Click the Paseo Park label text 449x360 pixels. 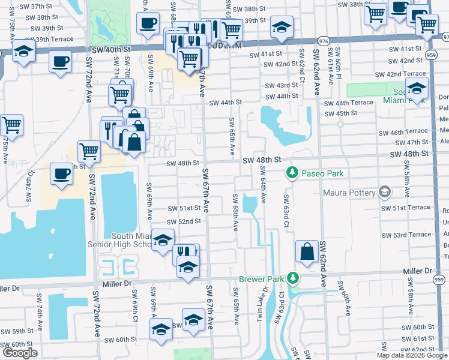[x=323, y=173]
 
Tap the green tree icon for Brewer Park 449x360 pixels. [x=292, y=278]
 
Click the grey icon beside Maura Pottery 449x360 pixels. [x=385, y=193]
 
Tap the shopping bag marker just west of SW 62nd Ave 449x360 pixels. [x=307, y=252]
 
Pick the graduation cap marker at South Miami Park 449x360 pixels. [x=416, y=89]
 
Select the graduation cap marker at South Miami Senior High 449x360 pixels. [x=161, y=241]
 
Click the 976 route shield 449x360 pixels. [x=324, y=41]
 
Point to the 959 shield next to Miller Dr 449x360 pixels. [x=439, y=280]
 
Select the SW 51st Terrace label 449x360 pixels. [x=406, y=208]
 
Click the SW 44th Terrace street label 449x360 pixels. [x=349, y=103]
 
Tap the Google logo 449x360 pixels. [x=20, y=353]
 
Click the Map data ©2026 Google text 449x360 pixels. [x=412, y=355]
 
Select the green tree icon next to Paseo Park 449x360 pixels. [x=292, y=173]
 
